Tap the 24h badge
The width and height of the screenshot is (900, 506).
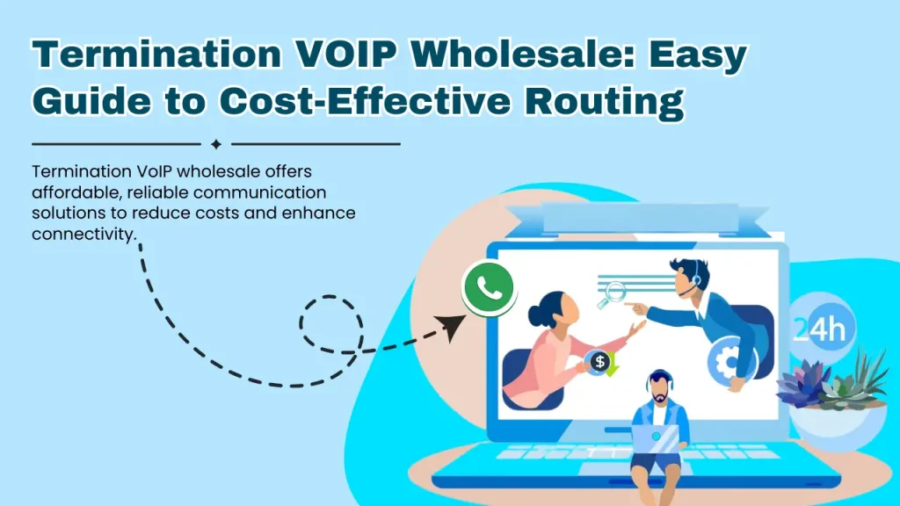pyautogui.click(x=818, y=330)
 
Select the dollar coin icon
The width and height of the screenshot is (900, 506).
pyautogui.click(x=599, y=361)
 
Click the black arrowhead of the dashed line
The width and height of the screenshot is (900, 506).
pyautogui.click(x=452, y=327)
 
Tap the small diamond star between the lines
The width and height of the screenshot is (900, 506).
pyautogui.click(x=216, y=144)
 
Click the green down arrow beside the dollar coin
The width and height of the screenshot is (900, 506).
pyautogui.click(x=612, y=368)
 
